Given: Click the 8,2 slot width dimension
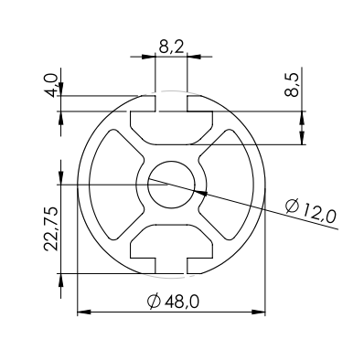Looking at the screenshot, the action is [x=171, y=47].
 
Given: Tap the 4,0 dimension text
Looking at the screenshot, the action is [x=51, y=85].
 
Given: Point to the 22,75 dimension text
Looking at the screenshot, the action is [x=50, y=228].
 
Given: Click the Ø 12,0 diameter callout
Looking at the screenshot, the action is [x=311, y=211].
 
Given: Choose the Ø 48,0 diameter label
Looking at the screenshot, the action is [x=173, y=302].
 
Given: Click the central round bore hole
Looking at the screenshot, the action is [x=171, y=185].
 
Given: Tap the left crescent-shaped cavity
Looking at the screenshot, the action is [x=115, y=185].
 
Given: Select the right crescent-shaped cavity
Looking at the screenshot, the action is [x=227, y=185].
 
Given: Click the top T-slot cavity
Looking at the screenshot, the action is [x=171, y=127].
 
